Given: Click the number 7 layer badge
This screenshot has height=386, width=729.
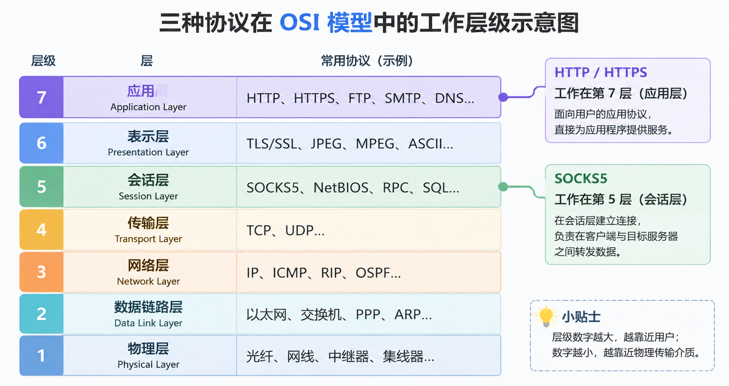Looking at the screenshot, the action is click(x=41, y=97).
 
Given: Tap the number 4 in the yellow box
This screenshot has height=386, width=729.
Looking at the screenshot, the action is click(x=41, y=230).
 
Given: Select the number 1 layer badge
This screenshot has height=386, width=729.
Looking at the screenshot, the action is click(x=41, y=356).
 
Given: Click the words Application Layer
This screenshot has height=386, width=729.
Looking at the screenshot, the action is click(x=149, y=107).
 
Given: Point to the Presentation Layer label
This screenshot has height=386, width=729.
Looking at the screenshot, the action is click(x=149, y=152).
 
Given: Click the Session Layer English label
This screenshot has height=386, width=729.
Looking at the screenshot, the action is click(x=149, y=196).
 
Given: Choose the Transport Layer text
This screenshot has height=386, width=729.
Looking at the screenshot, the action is click(x=149, y=239).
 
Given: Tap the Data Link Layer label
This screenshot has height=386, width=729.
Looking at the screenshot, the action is click(x=149, y=323).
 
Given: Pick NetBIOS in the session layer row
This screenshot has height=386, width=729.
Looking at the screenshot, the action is click(x=341, y=188).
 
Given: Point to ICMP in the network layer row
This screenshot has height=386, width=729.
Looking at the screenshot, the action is click(x=290, y=273).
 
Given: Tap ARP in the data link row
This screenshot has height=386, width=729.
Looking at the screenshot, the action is click(x=408, y=315).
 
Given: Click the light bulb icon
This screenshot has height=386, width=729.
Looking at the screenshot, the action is click(x=546, y=316).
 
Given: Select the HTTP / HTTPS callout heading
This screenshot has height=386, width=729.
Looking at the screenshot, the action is click(x=601, y=72).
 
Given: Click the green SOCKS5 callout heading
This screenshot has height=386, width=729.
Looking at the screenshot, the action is click(x=581, y=178).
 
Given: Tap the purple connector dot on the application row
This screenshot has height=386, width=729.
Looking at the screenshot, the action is click(x=503, y=97).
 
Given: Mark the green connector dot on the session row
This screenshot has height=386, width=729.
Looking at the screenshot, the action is click(x=503, y=186).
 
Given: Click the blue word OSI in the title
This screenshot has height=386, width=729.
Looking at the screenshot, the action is click(x=300, y=22).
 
